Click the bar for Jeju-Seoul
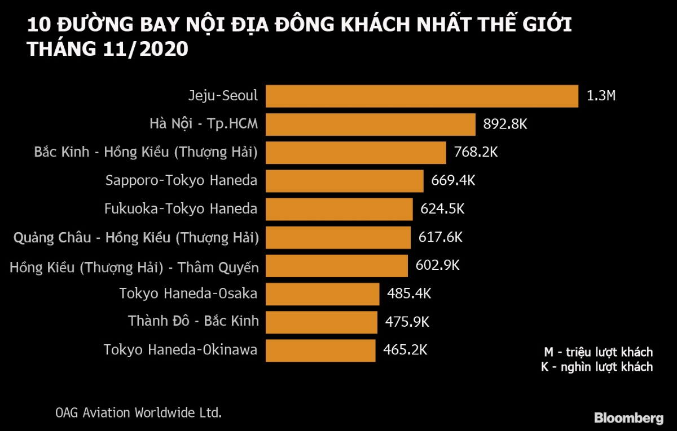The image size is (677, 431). click(x=421, y=96)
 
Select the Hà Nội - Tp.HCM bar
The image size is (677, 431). click(x=370, y=124)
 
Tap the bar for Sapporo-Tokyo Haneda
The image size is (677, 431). click(x=344, y=181)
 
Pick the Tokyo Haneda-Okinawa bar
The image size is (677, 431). click(x=320, y=350)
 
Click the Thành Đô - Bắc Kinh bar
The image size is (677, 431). click(x=321, y=322)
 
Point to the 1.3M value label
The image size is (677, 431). click(x=601, y=96)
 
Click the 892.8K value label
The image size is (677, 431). click(x=505, y=124)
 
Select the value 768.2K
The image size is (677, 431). click(x=476, y=152)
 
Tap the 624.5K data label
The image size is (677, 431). click(x=442, y=209)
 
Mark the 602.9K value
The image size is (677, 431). click(x=437, y=265)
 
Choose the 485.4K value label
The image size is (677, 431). click(x=409, y=294)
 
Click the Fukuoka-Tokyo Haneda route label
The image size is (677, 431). click(x=181, y=209)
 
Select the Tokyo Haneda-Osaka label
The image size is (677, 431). click(x=188, y=294)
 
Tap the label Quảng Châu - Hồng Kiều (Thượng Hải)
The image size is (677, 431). click(x=136, y=238)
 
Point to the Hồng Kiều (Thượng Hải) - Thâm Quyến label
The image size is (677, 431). click(x=134, y=267)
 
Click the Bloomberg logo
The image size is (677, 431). click(x=628, y=418)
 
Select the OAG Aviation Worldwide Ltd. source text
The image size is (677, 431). click(x=138, y=412)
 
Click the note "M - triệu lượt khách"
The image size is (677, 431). click(x=598, y=352)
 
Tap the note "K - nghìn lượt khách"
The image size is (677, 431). click(x=597, y=367)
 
